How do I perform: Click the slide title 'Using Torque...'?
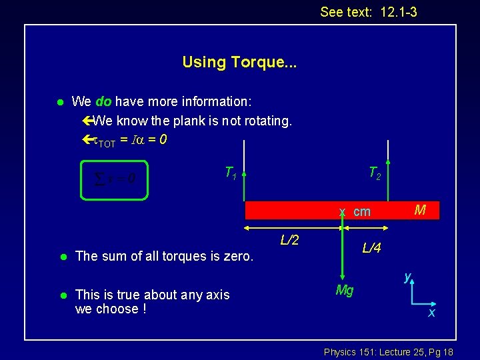[239, 63]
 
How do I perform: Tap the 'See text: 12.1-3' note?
[368, 12]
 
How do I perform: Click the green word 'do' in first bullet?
[103, 102]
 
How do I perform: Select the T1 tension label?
[229, 174]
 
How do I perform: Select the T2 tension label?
[375, 174]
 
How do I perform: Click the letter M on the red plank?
[420, 211]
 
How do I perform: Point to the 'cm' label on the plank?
[362, 212]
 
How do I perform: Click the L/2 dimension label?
[289, 239]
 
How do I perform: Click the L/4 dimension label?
[371, 248]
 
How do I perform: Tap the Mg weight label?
[345, 291]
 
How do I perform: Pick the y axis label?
[407, 276]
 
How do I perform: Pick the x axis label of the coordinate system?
[431, 312]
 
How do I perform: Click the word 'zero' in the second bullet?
[237, 256]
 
